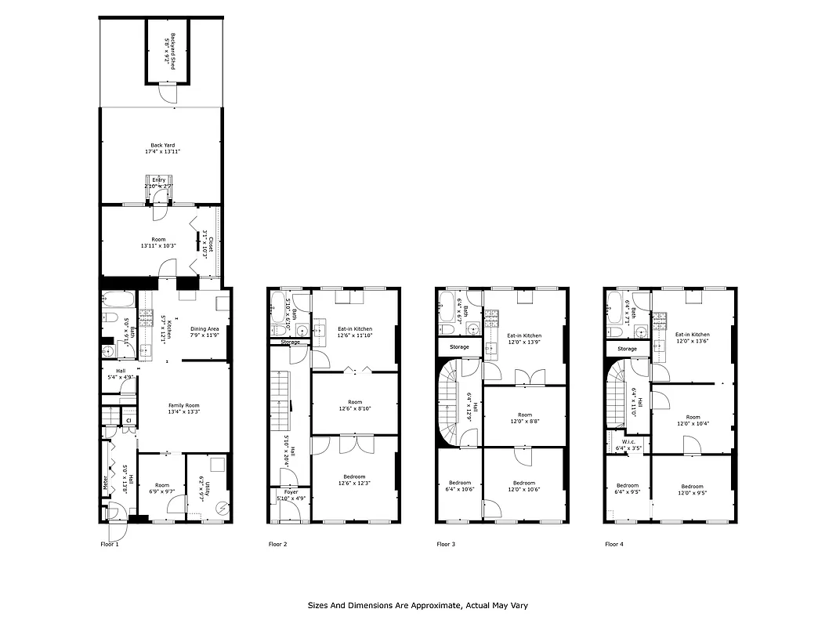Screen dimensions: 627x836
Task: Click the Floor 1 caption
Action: tap(110, 544)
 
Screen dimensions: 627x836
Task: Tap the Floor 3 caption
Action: tap(445, 544)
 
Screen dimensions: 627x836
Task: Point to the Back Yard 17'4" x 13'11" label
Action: tap(163, 148)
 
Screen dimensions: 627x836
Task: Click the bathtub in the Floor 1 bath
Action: tap(118, 300)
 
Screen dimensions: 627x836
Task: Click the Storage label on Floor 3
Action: tap(459, 346)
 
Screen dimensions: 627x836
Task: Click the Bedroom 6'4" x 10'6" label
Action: tap(460, 486)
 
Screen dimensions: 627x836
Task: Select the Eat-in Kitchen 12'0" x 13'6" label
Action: tap(692, 338)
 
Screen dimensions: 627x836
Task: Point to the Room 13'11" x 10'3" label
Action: tap(158, 242)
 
